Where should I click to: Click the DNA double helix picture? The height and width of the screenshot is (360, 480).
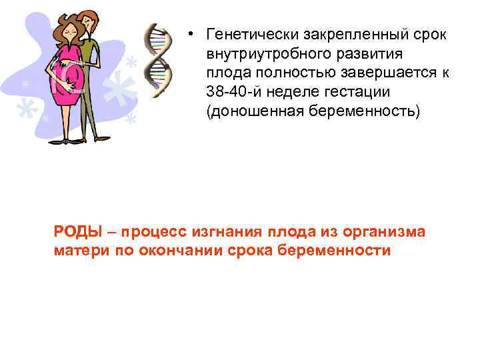tap(159, 60)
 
